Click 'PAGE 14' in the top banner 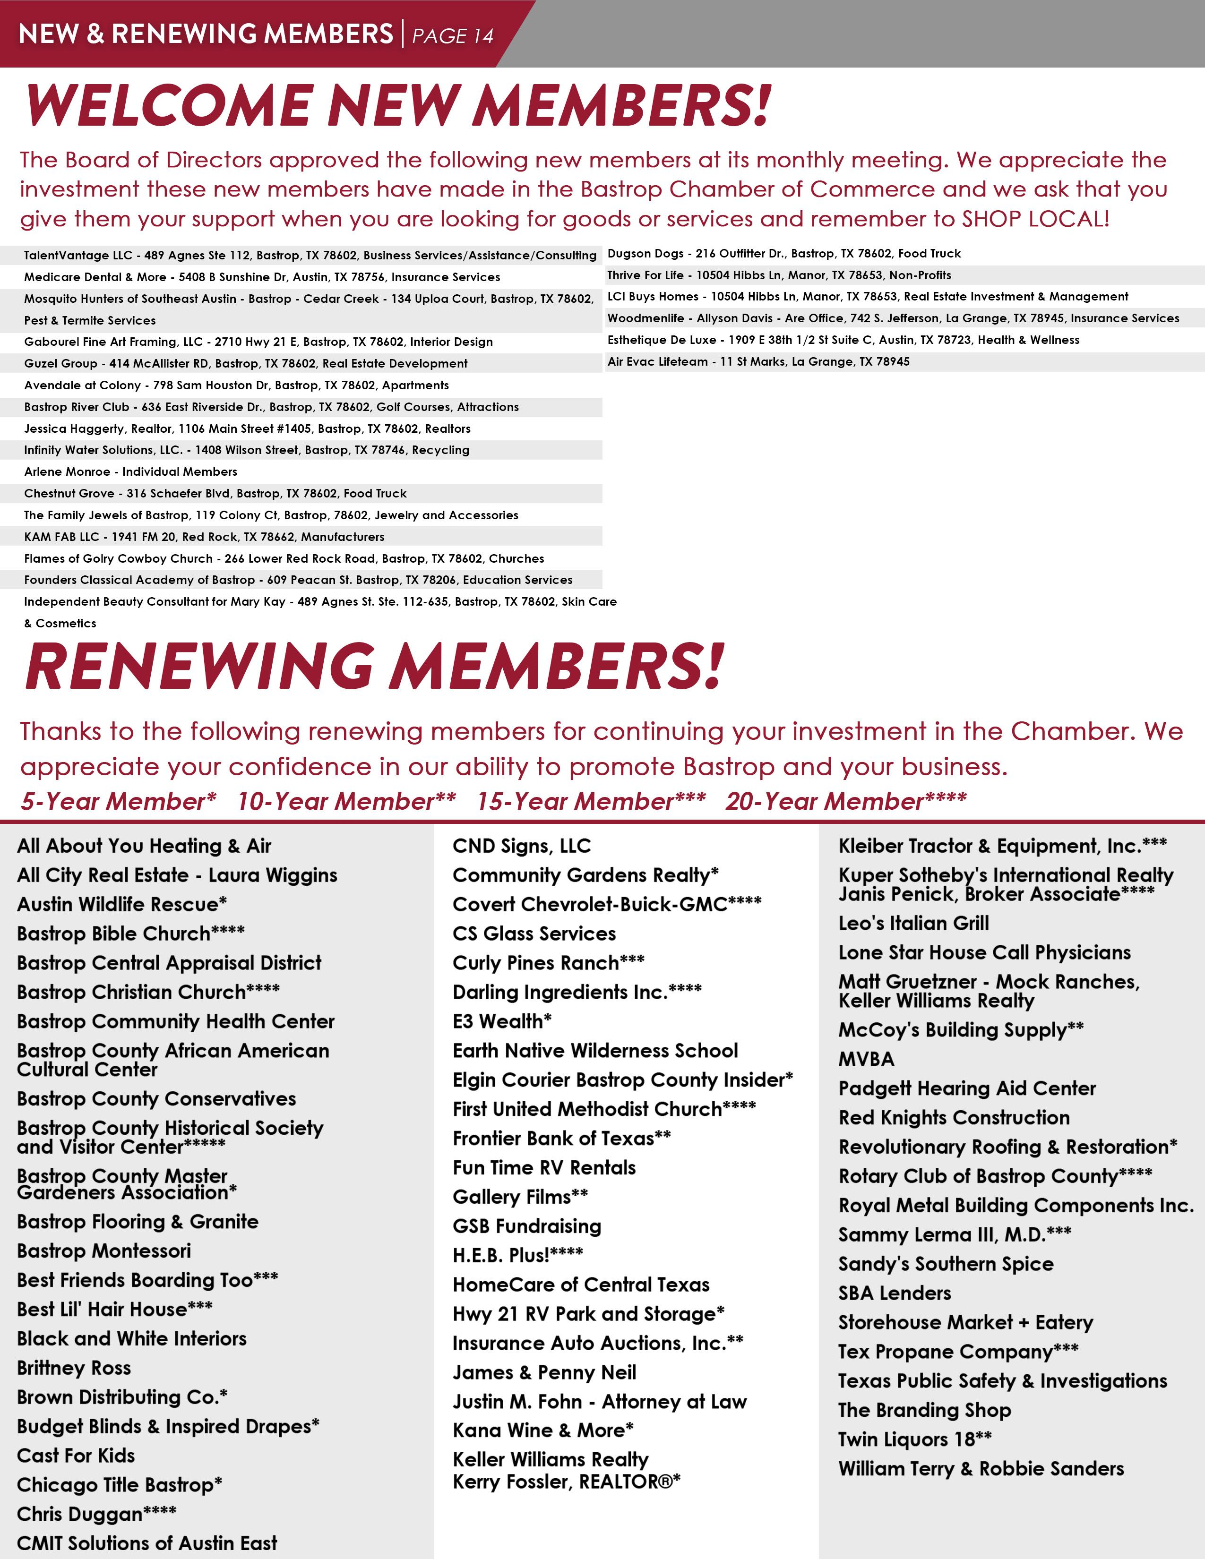pyautogui.click(x=453, y=36)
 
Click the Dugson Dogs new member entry pyautogui.click(x=784, y=253)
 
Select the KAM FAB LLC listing pyautogui.click(x=204, y=537)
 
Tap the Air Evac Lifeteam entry pyautogui.click(x=758, y=362)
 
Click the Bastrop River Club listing pyautogui.click(x=271, y=407)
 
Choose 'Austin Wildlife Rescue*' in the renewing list pyautogui.click(x=122, y=904)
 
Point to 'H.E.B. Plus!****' pyautogui.click(x=517, y=1255)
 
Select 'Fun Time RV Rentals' pyautogui.click(x=544, y=1168)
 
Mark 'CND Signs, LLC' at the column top pyautogui.click(x=522, y=846)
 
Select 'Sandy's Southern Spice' pyautogui.click(x=946, y=1264)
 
